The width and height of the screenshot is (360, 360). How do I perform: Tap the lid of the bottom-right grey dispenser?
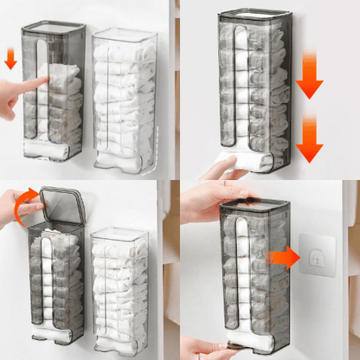tap(254, 207)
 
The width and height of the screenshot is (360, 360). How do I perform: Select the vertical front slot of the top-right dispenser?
tap(241, 87)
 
